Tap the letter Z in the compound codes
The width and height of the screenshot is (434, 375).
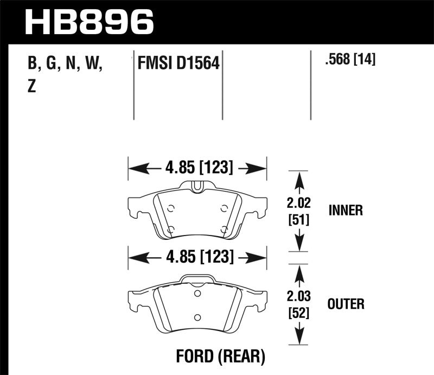tap(31, 86)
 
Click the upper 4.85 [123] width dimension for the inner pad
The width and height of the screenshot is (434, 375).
tap(197, 169)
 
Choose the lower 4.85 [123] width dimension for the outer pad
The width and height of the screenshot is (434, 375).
tap(197, 256)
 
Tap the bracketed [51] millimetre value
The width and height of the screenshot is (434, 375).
tap(297, 221)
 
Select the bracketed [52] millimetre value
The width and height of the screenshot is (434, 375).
tap(297, 315)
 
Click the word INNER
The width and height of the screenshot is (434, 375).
tap(346, 211)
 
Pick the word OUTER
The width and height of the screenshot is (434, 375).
tap(346, 304)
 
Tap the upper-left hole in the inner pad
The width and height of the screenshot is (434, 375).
tap(170, 208)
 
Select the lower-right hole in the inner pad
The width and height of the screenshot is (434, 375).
tap(224, 229)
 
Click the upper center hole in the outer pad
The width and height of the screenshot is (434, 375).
tap(197, 296)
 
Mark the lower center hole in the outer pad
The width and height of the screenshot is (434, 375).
tap(197, 317)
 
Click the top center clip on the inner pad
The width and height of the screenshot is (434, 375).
tap(197, 187)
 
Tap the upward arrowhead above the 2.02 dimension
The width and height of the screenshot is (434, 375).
tap(297, 176)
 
